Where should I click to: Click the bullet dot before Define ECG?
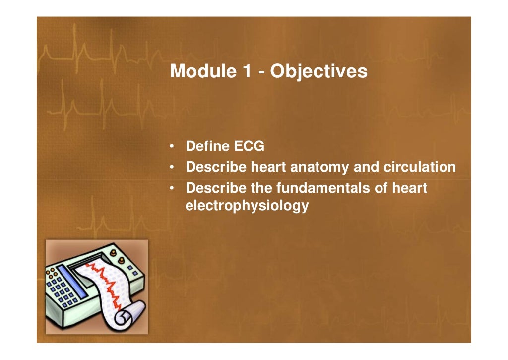click(x=171, y=147)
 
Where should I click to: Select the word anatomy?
click(x=319, y=168)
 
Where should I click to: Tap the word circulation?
click(x=420, y=167)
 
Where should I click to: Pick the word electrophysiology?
click(x=247, y=205)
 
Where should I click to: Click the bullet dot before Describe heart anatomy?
click(x=171, y=168)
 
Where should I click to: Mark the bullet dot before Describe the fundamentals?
click(x=171, y=189)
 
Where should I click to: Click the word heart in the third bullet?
click(x=409, y=188)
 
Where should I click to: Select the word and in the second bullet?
click(x=366, y=167)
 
